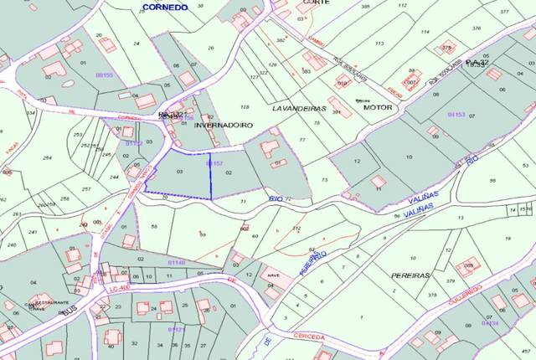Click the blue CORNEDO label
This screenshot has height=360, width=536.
[x=164, y=7]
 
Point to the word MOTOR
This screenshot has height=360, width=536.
[x=378, y=107]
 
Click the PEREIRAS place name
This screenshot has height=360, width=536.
[x=410, y=275]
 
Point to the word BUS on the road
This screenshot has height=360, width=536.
[x=68, y=311]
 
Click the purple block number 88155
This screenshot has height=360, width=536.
[x=112, y=75]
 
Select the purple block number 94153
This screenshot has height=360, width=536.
[x=456, y=113]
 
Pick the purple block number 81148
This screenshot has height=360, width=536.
[x=177, y=262]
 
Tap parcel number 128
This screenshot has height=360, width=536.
[x=245, y=107]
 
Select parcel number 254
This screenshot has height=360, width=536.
[x=47, y=157]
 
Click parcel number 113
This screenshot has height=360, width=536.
[x=379, y=43]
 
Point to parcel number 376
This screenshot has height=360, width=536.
[x=476, y=28]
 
